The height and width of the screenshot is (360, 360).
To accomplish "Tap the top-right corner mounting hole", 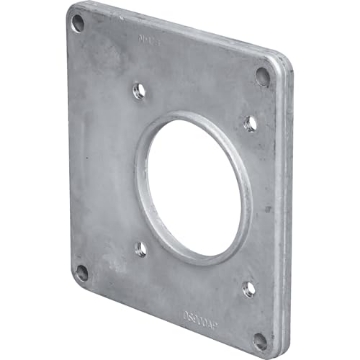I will click(x=263, y=74).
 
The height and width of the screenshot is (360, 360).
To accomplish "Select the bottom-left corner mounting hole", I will click(x=82, y=270).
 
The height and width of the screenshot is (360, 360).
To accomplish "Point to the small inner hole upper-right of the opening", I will click(x=250, y=123).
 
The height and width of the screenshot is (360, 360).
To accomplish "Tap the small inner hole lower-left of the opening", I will click(x=139, y=248).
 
